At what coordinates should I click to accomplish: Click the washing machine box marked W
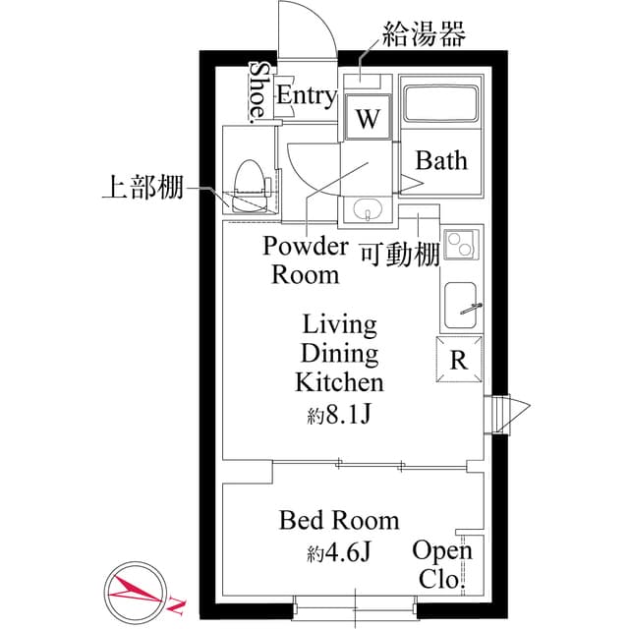(368, 120)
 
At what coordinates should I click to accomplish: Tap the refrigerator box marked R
(458, 358)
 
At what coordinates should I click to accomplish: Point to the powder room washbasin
(369, 210)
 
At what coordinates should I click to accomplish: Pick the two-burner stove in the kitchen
(459, 244)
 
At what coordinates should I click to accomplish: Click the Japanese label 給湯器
(425, 35)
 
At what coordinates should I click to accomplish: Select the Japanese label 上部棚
(143, 188)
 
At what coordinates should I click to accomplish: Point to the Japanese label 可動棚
(398, 254)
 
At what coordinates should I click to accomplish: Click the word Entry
(306, 95)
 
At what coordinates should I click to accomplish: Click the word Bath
(441, 160)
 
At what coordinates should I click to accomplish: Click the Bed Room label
(339, 520)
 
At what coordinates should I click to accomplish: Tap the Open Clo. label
(441, 564)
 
